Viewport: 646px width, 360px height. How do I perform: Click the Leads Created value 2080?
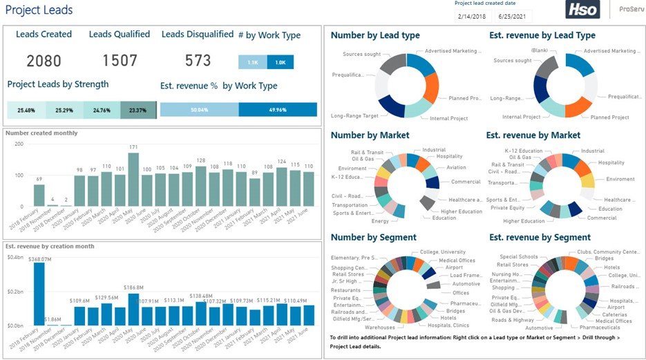(x=44, y=61)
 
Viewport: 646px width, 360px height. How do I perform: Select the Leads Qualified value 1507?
(x=120, y=61)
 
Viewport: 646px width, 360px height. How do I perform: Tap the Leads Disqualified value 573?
(x=198, y=61)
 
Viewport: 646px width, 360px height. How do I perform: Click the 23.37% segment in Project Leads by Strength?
(x=137, y=110)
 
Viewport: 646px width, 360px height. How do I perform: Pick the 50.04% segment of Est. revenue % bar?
(x=199, y=110)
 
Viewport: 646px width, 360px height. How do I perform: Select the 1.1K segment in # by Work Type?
(x=252, y=62)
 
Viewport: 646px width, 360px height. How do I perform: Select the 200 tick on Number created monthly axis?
(x=19, y=144)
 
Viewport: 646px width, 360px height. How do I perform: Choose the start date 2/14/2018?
(x=472, y=16)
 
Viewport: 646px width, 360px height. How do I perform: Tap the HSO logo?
(x=582, y=10)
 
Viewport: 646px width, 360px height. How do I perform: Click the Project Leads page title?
(x=39, y=10)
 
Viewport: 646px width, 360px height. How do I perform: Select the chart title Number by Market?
(x=370, y=135)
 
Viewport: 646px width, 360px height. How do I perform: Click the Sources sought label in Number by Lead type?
(x=362, y=53)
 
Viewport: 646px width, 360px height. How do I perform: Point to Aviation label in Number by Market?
(x=455, y=167)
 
